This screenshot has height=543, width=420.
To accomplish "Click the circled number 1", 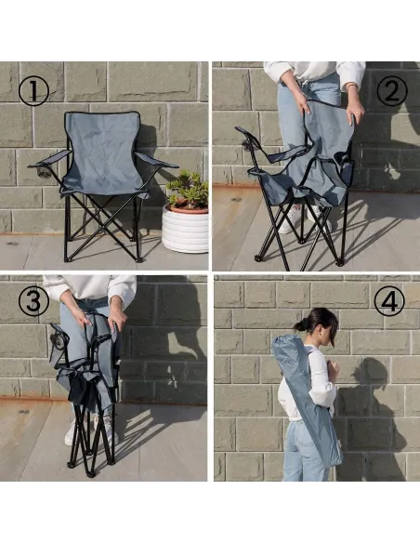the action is [33, 91].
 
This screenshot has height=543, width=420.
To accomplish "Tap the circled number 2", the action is [391, 91].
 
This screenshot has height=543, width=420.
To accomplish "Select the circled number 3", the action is [33, 301].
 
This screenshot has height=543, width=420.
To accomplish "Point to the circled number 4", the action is [389, 300].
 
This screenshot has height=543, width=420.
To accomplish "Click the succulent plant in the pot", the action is [189, 190].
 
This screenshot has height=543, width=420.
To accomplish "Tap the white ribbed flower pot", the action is [185, 230].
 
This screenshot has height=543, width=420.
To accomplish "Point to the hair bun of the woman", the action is [301, 325].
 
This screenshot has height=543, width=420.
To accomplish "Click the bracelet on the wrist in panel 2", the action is [352, 85].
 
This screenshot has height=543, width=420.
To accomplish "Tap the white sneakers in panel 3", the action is [91, 431].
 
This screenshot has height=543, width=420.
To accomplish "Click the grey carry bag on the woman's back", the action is [307, 398].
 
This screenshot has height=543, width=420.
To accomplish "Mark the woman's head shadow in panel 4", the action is [374, 372].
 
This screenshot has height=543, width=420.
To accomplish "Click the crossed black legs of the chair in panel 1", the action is [103, 225].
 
